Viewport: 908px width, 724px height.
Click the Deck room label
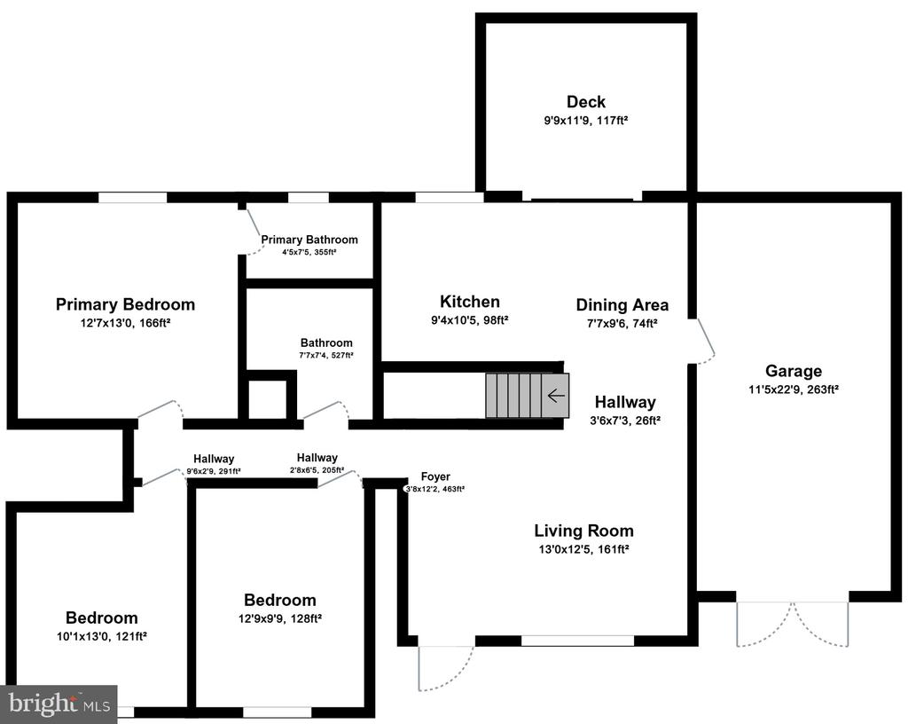[586, 102]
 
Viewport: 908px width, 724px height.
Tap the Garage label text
[794, 371]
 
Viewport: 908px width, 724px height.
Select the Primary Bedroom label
[125, 304]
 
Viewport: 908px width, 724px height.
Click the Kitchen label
[470, 302]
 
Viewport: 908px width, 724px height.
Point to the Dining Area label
[622, 305]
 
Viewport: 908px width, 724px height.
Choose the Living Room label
[583, 531]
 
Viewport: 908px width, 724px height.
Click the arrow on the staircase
[557, 395]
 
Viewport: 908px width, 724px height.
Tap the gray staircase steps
[514, 395]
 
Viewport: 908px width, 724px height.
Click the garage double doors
[793, 622]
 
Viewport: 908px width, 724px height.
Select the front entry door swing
[443, 665]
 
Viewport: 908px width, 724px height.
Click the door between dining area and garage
[704, 341]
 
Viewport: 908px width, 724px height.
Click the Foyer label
[435, 476]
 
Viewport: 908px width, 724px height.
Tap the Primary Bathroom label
[309, 240]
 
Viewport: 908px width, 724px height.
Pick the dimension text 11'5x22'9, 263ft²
[794, 389]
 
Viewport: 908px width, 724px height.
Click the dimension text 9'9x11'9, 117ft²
[586, 120]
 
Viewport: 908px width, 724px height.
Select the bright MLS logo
[59, 704]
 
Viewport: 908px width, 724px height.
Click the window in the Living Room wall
[577, 640]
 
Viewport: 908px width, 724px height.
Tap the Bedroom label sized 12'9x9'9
[280, 600]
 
